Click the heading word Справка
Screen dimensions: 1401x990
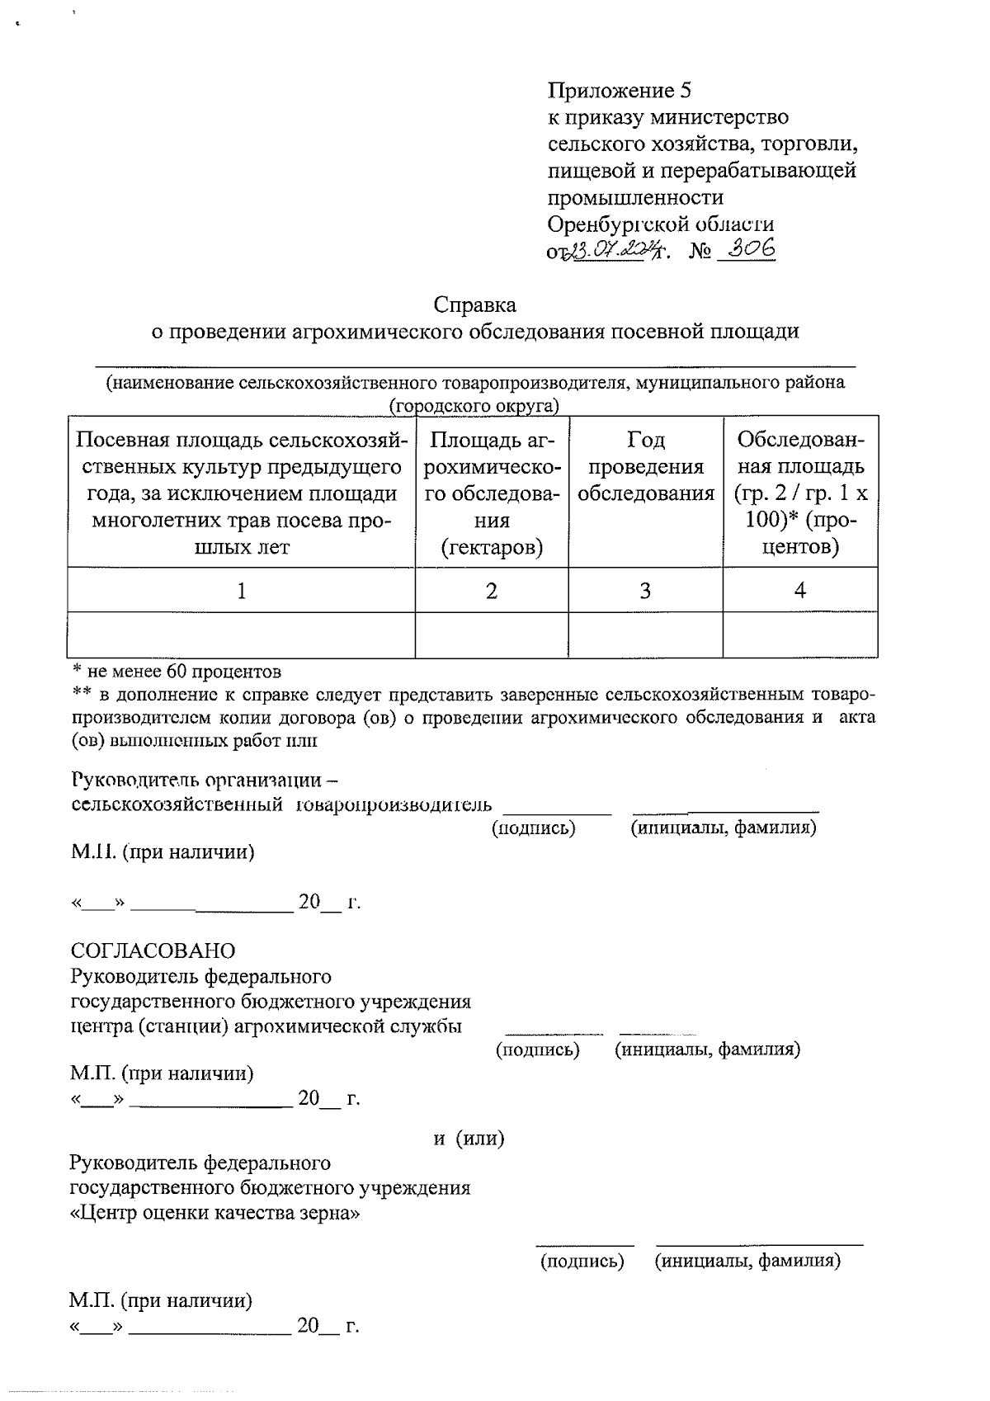(x=475, y=305)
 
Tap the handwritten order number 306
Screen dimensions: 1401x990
(x=747, y=249)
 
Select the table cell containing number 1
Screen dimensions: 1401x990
(x=241, y=590)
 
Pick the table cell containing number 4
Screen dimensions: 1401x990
(x=799, y=590)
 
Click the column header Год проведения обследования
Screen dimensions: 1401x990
(x=645, y=467)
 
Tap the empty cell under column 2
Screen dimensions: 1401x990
(x=491, y=634)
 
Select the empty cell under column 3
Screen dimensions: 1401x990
(x=645, y=634)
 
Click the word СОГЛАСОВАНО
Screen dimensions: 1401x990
(x=153, y=951)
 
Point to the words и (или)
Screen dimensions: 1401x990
(x=469, y=1139)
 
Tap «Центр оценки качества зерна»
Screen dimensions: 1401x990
(x=215, y=1214)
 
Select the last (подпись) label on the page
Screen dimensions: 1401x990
(x=582, y=1261)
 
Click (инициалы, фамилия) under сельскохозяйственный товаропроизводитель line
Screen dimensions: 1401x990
(x=723, y=828)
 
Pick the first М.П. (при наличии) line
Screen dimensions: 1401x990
(x=162, y=852)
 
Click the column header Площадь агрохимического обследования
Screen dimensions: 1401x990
(x=491, y=493)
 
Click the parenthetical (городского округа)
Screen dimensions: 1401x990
(x=474, y=405)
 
